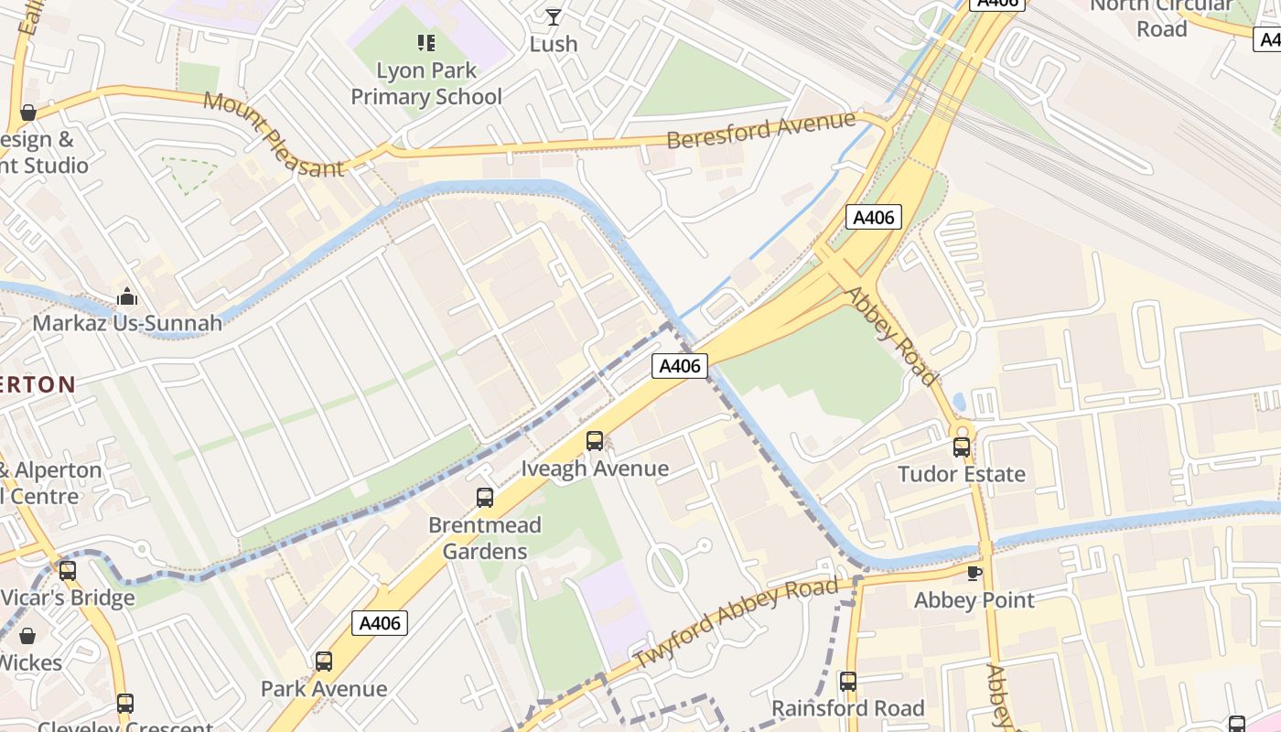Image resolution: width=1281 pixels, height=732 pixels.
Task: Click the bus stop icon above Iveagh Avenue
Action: click(x=595, y=441)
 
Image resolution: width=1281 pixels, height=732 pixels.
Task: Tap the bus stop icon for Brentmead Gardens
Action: click(x=485, y=498)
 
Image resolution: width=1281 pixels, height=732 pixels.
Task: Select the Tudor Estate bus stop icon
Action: click(x=962, y=447)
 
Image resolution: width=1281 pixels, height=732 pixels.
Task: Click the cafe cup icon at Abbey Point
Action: click(x=974, y=573)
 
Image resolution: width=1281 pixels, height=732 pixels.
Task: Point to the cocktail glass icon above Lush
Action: click(x=554, y=16)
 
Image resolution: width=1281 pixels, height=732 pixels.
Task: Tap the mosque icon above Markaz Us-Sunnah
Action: click(x=127, y=296)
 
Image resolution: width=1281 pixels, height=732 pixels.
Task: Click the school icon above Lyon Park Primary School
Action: click(x=425, y=42)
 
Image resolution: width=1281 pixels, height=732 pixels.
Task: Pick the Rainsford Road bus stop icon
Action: click(x=848, y=682)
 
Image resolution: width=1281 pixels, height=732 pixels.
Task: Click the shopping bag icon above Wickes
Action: click(x=27, y=636)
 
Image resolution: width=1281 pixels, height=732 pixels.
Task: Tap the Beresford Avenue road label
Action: click(x=761, y=130)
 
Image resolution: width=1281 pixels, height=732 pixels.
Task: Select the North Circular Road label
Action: click(x=1161, y=17)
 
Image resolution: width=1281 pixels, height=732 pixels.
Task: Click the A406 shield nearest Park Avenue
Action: click(x=380, y=623)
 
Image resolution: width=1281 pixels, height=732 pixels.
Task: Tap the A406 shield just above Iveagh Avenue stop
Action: click(x=680, y=366)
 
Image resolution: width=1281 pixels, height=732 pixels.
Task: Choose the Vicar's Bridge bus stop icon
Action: click(x=68, y=571)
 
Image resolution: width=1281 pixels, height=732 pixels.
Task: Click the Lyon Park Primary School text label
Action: click(x=426, y=83)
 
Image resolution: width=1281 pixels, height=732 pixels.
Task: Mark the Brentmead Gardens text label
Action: click(x=485, y=538)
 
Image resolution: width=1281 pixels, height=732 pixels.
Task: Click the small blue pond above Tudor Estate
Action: click(x=958, y=402)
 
